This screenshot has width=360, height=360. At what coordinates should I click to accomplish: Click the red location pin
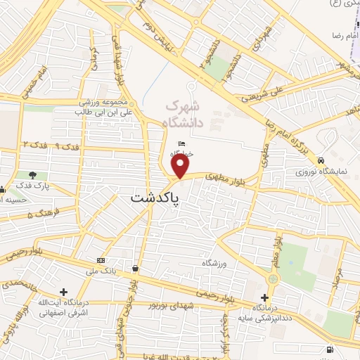[181, 167]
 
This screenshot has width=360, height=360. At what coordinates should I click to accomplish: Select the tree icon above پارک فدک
[32, 174]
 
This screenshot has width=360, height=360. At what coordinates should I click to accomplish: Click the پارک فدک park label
[32, 186]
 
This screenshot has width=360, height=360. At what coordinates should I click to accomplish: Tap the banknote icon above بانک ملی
[101, 258]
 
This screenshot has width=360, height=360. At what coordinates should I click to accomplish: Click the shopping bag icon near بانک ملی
[134, 268]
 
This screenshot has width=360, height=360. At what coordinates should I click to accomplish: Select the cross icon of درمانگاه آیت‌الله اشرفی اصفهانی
[64, 291]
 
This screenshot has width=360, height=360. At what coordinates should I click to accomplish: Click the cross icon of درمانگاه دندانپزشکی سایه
[264, 297]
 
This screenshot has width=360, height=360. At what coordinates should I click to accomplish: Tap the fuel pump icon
[330, 349]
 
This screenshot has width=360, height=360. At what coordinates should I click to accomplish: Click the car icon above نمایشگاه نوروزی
[321, 159]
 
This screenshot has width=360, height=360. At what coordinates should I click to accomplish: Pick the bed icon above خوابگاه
[181, 143]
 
